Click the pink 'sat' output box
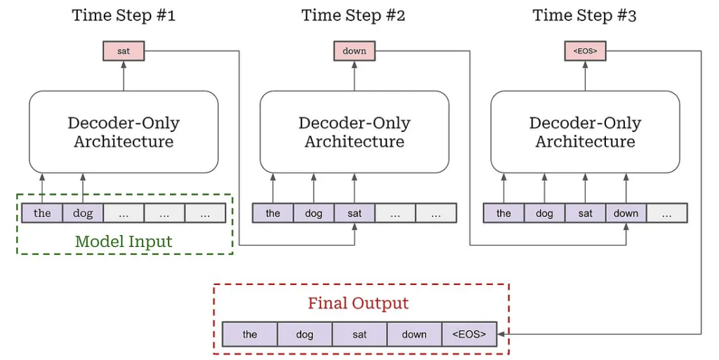124,51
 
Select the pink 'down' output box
354,51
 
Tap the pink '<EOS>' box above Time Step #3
585,51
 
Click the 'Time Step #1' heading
124,15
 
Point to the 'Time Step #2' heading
354,15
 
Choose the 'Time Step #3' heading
585,15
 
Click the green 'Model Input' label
124,241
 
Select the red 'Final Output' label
358,303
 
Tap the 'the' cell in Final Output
250,334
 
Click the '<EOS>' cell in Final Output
469,334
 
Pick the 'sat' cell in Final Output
359,334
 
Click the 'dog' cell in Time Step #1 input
83,213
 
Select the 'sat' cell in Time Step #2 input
355,213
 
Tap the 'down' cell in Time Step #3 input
626,213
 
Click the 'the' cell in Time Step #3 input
503,213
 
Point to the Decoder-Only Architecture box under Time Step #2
355,132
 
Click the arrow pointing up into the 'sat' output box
124,76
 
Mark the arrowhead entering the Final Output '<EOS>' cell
500,334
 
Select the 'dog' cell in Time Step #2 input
314,213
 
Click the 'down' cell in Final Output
414,334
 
